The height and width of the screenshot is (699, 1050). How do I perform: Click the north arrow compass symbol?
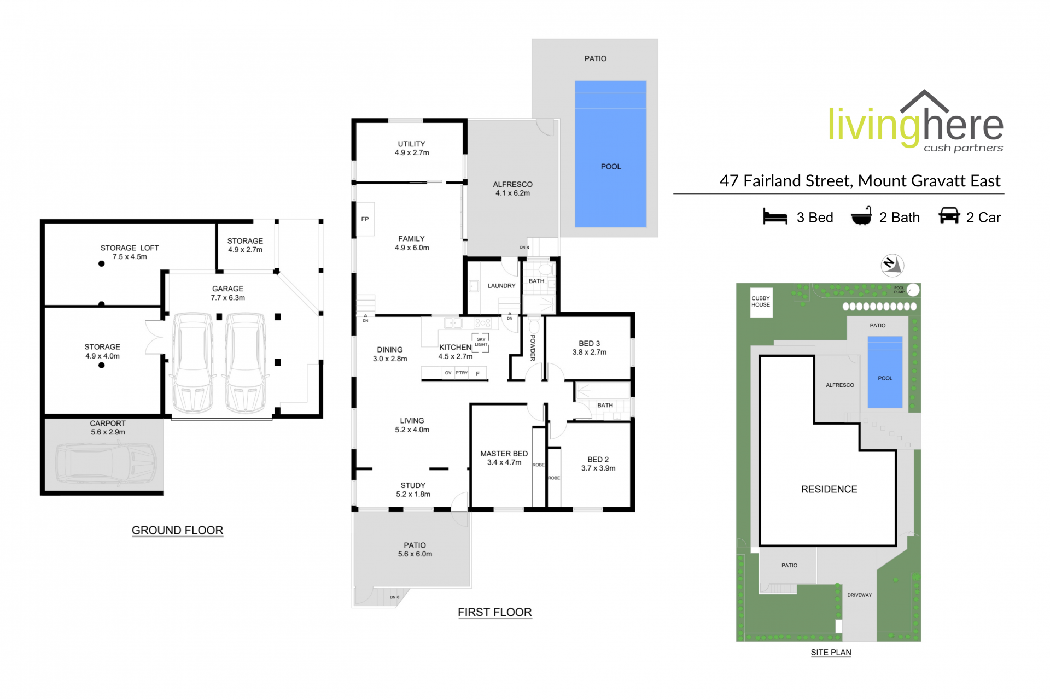[892, 265]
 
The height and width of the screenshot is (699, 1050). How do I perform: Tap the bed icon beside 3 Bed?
[775, 217]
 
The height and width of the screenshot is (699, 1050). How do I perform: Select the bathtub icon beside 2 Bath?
[861, 216]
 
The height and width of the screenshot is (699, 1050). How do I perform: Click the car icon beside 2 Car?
[949, 216]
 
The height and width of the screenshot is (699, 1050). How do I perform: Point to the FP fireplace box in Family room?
[365, 219]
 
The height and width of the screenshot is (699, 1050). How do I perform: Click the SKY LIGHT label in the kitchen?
[481, 342]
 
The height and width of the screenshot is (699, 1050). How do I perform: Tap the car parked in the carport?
[106, 463]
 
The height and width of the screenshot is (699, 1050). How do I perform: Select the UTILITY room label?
[411, 144]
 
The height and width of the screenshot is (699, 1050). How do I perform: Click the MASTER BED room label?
[504, 454]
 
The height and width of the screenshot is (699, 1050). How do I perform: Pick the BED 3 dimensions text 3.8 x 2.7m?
[589, 353]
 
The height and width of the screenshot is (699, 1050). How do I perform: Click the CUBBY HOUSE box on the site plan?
[761, 302]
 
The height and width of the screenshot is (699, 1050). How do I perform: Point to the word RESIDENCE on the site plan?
[829, 490]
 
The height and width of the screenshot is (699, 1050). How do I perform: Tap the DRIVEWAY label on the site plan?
[859, 595]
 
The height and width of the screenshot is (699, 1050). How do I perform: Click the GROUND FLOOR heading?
[177, 531]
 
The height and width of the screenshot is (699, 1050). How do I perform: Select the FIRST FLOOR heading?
[494, 613]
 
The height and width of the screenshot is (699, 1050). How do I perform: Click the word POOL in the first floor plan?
[611, 167]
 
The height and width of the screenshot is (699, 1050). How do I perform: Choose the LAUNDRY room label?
[501, 286]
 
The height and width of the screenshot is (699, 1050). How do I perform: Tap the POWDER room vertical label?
[533, 348]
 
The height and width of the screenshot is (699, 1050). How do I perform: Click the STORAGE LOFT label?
[130, 248]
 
